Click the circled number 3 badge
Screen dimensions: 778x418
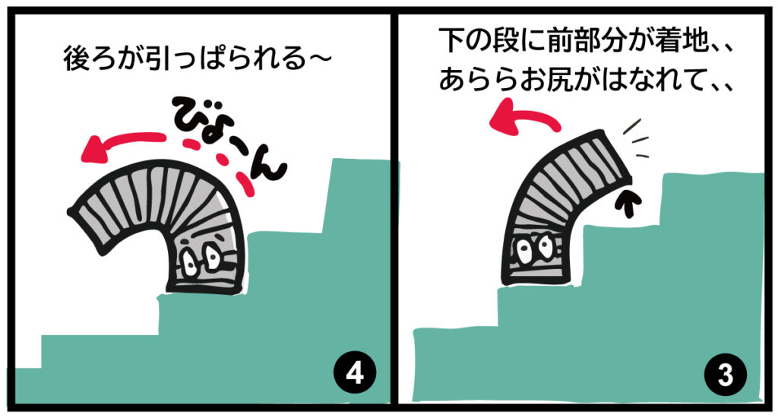(x=726, y=375)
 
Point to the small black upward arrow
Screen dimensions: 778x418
(x=628, y=203)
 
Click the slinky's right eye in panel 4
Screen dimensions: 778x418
(x=213, y=256)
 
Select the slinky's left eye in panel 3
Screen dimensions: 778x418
(x=524, y=250)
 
